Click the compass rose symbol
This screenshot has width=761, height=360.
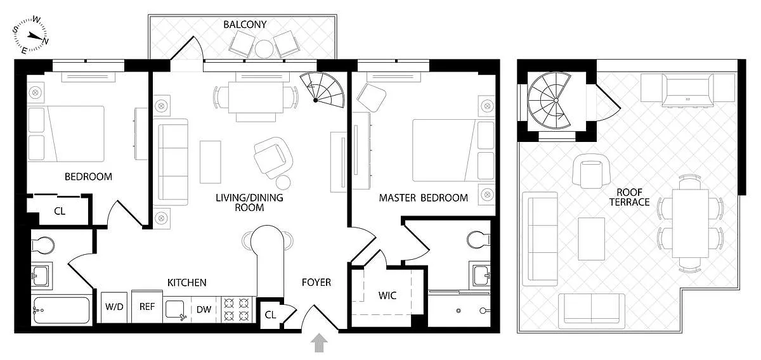click(32, 35)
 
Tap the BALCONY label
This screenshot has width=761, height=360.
click(245, 25)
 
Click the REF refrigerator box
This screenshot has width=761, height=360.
click(146, 307)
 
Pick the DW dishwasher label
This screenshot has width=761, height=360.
click(204, 310)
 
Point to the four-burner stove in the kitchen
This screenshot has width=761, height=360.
click(237, 310)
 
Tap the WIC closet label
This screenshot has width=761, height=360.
click(387, 296)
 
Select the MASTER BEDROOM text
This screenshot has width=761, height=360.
click(423, 198)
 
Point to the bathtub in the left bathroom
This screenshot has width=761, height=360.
click(61, 311)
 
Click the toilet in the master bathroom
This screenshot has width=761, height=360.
click(477, 239)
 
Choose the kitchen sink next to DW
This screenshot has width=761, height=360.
click(176, 309)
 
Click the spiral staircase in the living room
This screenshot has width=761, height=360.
click(321, 89)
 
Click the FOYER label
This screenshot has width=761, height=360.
click(316, 282)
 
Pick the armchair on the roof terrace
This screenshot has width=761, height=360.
click(590, 172)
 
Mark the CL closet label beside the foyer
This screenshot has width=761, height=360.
click(270, 314)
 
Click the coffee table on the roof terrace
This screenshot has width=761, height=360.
click(592, 238)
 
